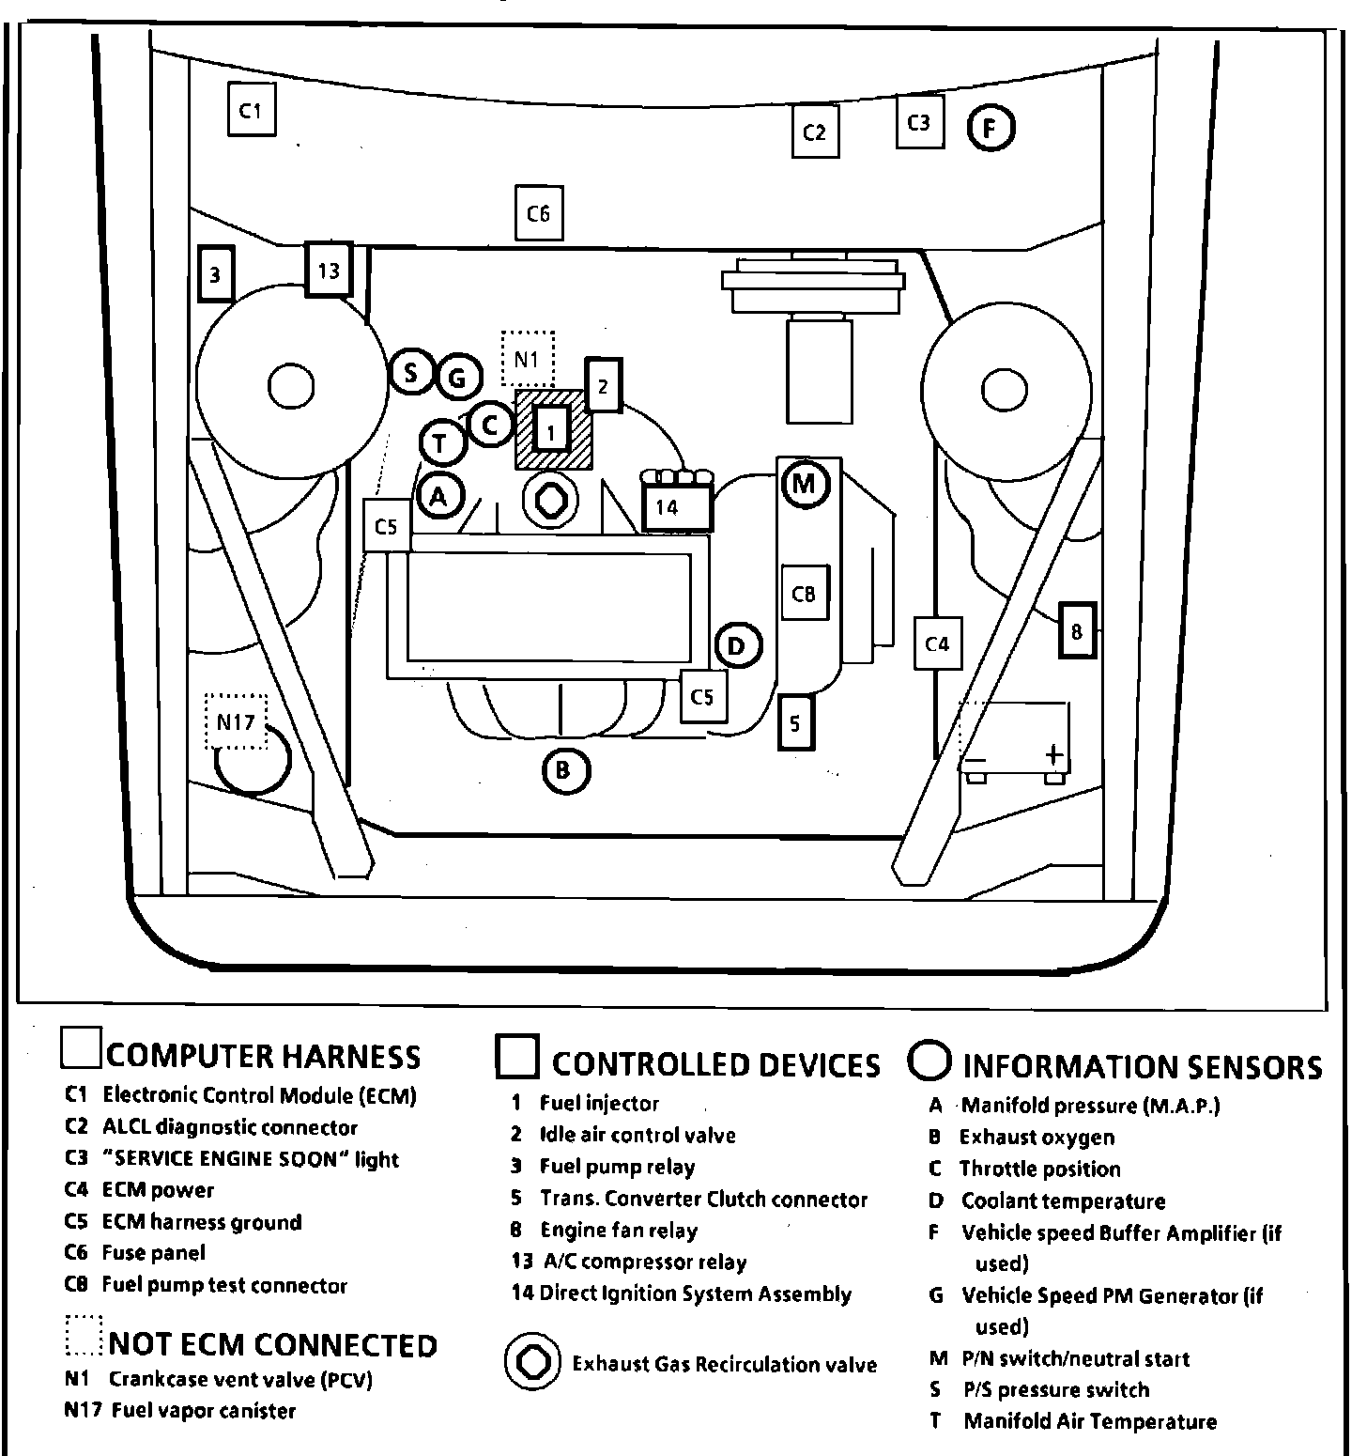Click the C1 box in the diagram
point(251,110)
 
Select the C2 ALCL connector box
point(814,132)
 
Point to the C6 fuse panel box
point(538,213)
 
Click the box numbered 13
point(329,271)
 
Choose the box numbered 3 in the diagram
point(215,274)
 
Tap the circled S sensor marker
point(411,373)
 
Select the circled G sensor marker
point(458,378)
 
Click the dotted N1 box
point(528,358)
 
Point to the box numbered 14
point(676,507)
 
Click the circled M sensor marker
point(805,485)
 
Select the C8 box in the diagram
point(804,593)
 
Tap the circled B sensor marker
point(565,771)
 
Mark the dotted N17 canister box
point(236,721)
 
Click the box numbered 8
point(1076,631)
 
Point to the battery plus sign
point(1053,753)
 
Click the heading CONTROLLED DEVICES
point(715,1064)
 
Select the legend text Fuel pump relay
point(617,1167)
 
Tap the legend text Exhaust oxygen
point(1037,1137)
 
